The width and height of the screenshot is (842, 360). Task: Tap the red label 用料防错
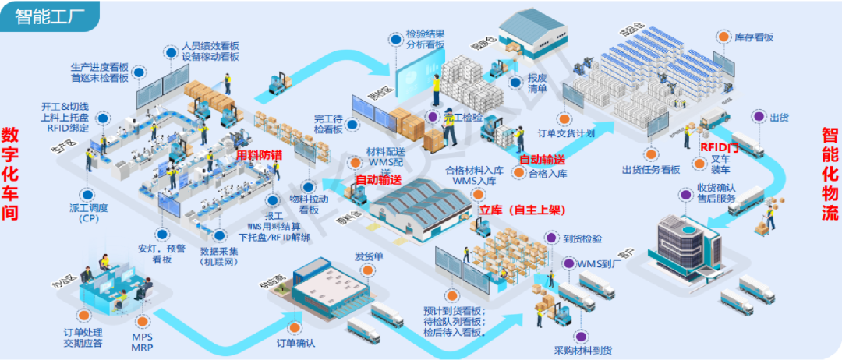[260, 156]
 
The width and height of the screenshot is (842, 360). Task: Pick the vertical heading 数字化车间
[10, 174]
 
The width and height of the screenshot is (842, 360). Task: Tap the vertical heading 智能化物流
[831, 174]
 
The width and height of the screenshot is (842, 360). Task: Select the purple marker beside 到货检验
[552, 238]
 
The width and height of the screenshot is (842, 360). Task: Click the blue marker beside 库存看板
[720, 37]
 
